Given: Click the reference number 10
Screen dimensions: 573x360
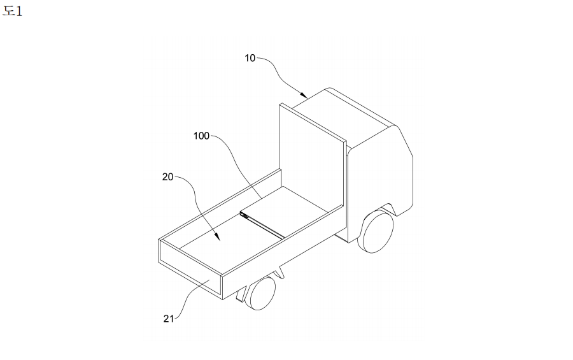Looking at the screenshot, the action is pos(250,58).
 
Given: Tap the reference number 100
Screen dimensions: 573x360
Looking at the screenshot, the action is pos(201,136).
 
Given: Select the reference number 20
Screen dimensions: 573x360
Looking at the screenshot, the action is pos(167,177).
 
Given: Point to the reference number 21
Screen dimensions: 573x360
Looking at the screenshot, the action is pos(169,319).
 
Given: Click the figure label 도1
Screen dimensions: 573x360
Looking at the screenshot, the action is pos(13,11).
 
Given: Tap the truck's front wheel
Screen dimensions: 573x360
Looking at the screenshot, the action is pos(376,231).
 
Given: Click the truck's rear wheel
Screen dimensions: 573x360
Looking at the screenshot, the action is pos(261,293).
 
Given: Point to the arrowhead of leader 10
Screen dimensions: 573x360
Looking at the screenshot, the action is pos(304,95).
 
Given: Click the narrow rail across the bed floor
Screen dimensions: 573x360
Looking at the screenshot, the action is pos(262,226).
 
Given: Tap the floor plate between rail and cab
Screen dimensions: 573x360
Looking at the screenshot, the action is pos(285,210).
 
